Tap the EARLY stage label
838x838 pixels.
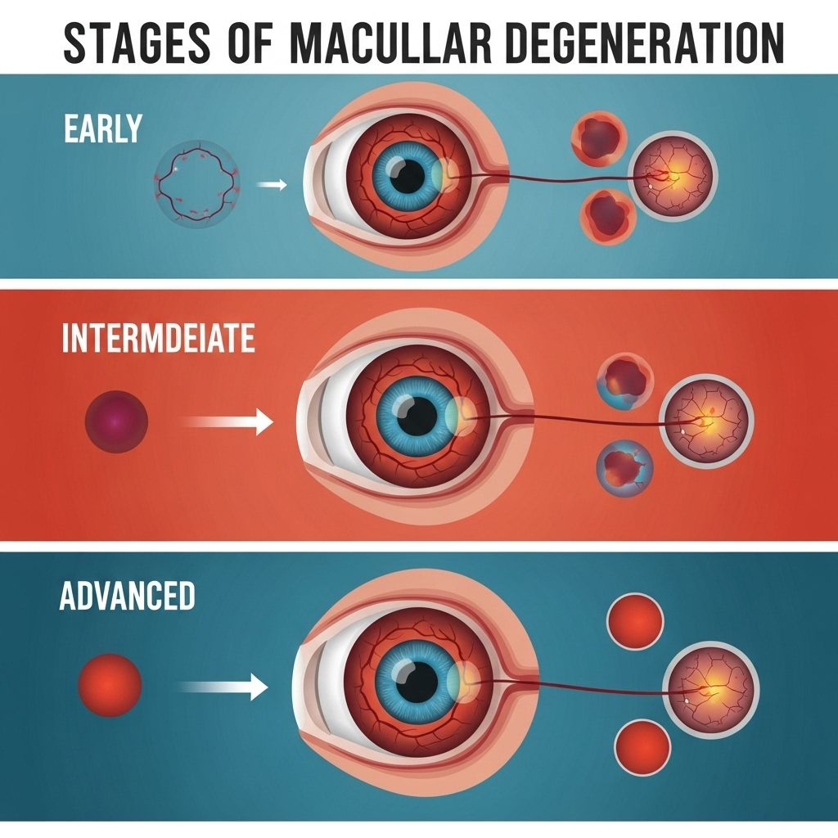[x=103, y=129]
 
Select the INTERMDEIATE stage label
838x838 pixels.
[x=158, y=338]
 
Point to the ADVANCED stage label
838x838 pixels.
[x=127, y=596]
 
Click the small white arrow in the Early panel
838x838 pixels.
[x=272, y=185]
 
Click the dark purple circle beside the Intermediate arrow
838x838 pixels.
[x=116, y=422]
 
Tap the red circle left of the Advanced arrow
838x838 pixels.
[x=110, y=683]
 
